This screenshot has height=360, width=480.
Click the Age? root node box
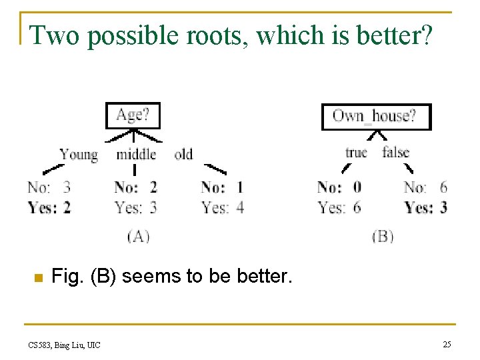pyautogui.click(x=134, y=115)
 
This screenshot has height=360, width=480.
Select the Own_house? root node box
pyautogui.click(x=376, y=117)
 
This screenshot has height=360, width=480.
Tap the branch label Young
pyautogui.click(x=79, y=155)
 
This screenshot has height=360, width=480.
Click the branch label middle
pyautogui.click(x=136, y=155)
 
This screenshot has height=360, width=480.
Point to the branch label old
pyautogui.click(x=183, y=155)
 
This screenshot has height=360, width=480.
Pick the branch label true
pyautogui.click(x=356, y=153)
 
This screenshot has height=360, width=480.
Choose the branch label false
pyautogui.click(x=396, y=153)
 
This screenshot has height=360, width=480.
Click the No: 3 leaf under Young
pyautogui.click(x=49, y=187)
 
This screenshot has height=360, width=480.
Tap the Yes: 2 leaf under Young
pyautogui.click(x=49, y=207)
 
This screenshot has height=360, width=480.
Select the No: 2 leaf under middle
pyautogui.click(x=136, y=187)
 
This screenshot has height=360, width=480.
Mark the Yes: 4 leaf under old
pyautogui.click(x=223, y=207)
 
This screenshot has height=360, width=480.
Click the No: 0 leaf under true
pyautogui.click(x=339, y=187)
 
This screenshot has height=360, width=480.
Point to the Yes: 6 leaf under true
pyautogui.click(x=339, y=207)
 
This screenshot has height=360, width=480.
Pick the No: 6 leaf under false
pyautogui.click(x=425, y=187)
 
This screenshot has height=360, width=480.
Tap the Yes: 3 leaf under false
pyautogui.click(x=425, y=207)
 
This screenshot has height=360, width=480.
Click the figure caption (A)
pyautogui.click(x=137, y=235)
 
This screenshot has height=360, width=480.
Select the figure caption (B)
pyautogui.click(x=383, y=235)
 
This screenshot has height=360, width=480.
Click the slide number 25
pyautogui.click(x=447, y=344)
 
